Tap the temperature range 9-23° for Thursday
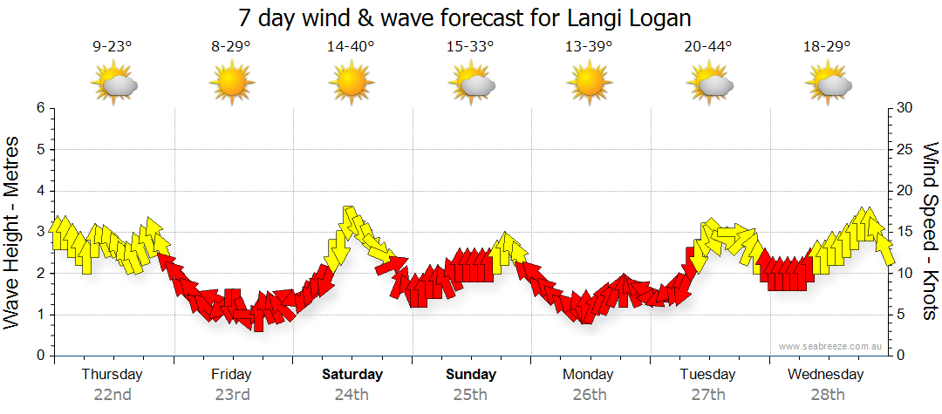click(113, 47)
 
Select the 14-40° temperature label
click(351, 47)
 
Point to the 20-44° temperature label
click(708, 47)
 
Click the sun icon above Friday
click(231, 85)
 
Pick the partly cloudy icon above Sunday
click(471, 85)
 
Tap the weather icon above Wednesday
click(828, 85)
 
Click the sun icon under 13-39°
click(590, 85)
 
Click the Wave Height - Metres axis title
click(13, 231)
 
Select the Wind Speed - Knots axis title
click(930, 231)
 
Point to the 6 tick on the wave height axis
click(39, 108)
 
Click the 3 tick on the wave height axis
click(39, 232)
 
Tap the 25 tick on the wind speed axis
click(905, 149)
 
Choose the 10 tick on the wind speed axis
click(905, 274)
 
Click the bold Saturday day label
click(352, 375)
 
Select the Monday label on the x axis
click(588, 375)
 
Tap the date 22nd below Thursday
click(113, 395)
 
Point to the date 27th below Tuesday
click(708, 395)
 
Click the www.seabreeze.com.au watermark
click(830, 346)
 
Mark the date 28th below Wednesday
click(826, 395)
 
